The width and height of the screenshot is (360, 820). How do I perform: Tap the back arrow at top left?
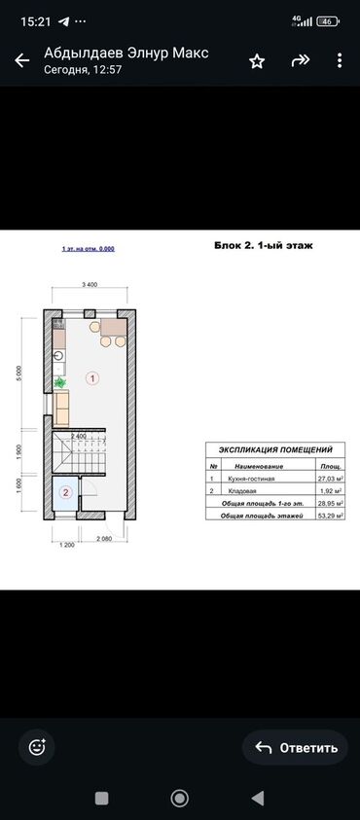(x=21, y=61)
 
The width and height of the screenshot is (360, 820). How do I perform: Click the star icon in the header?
(x=257, y=61)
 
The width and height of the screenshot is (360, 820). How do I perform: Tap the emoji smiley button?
(x=38, y=747)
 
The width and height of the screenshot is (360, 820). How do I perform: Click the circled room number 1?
(x=93, y=376)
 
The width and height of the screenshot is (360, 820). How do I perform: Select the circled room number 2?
(x=65, y=492)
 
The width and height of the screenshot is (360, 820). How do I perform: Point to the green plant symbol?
(x=59, y=383)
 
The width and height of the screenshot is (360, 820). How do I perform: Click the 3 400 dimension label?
(x=89, y=285)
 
